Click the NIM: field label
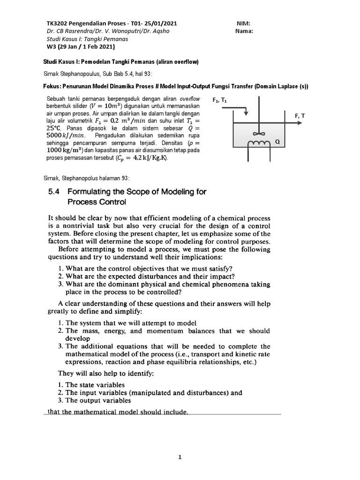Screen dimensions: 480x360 244,23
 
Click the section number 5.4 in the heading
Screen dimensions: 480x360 56,192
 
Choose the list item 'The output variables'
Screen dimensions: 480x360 91,401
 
